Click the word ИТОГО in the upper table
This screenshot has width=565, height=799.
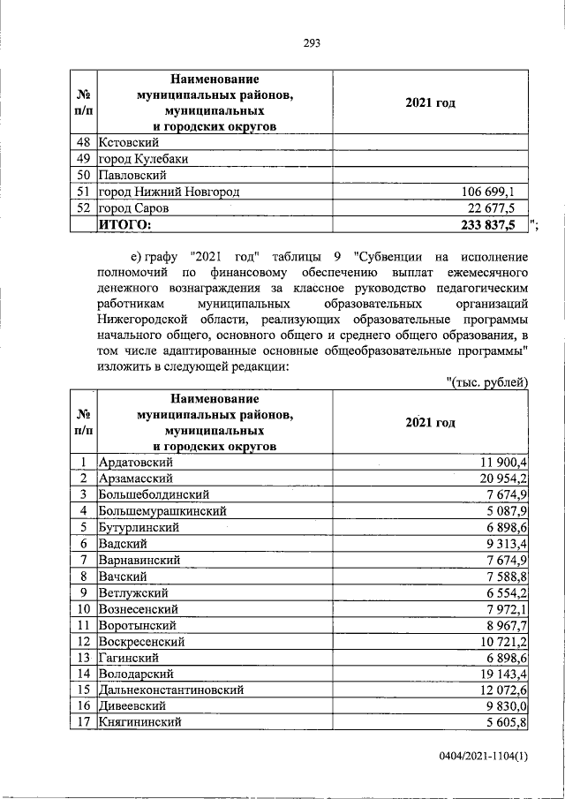click(x=124, y=225)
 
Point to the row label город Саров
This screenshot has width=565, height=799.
click(x=133, y=208)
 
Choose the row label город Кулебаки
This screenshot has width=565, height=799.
click(x=142, y=159)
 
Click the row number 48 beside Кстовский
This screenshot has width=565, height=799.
click(x=84, y=142)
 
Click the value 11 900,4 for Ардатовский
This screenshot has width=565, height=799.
click(x=502, y=463)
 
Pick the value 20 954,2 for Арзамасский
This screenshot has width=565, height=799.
click(x=502, y=479)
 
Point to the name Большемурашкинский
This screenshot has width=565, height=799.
click(x=163, y=511)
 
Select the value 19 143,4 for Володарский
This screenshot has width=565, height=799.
click(x=502, y=674)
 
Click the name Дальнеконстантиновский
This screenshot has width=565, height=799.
click(x=172, y=690)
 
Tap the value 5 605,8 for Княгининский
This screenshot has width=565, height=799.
click(x=506, y=723)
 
